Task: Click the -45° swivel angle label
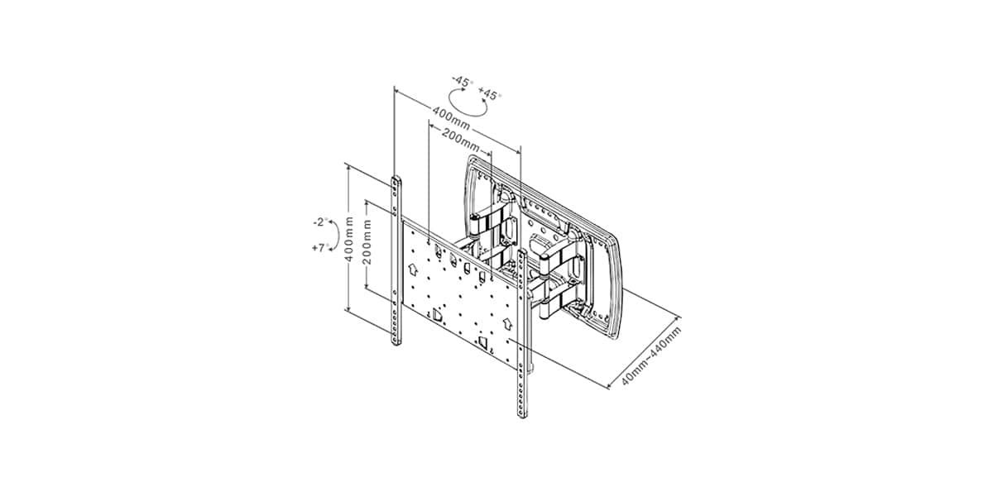463,82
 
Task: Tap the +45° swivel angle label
490,94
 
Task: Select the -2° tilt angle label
321,222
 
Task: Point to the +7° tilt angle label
321,247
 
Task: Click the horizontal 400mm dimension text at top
451,118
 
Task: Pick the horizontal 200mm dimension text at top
461,140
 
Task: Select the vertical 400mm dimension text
349,239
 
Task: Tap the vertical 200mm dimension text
367,241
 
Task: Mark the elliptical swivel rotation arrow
468,116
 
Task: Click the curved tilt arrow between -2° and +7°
338,235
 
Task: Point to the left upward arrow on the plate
413,269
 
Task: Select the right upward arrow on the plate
507,323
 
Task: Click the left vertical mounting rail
396,260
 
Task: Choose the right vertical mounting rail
522,333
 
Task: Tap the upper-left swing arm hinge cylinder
474,225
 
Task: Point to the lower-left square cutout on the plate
438,315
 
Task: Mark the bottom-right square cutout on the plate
483,342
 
